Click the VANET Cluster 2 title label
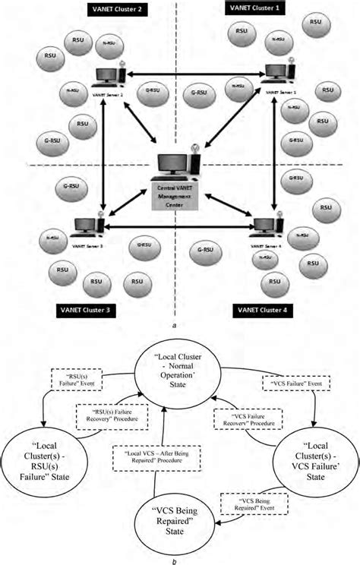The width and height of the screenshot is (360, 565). [x=109, y=11]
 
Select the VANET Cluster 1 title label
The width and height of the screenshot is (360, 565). [x=256, y=7]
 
